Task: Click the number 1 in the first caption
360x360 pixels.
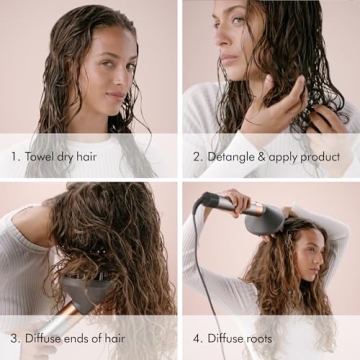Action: (x=14, y=157)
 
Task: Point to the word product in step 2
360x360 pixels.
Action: (x=320, y=158)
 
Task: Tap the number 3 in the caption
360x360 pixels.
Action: (x=15, y=338)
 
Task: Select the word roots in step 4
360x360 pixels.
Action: (x=253, y=338)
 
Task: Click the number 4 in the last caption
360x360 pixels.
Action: (x=197, y=338)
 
